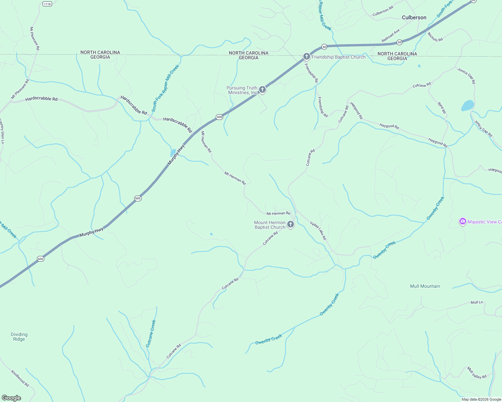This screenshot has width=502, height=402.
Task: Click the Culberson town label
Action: (x=414, y=17)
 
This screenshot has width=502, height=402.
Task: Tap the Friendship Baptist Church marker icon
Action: (x=306, y=57)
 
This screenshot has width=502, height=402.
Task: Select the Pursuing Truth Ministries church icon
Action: (x=262, y=89)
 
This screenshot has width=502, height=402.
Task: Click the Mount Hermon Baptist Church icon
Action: (x=291, y=224)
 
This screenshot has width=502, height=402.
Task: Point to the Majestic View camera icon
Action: (x=463, y=221)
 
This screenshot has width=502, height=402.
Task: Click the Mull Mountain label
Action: (x=425, y=286)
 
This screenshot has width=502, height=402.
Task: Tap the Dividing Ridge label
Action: (x=19, y=337)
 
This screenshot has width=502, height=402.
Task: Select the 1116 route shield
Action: (x=47, y=4)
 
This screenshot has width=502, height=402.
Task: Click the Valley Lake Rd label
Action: (x=318, y=230)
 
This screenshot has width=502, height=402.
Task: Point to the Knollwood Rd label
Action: (x=20, y=378)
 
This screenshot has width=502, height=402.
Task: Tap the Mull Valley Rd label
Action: (x=477, y=373)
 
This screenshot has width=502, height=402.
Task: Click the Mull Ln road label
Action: (x=476, y=302)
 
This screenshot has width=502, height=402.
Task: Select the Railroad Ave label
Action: (x=391, y=36)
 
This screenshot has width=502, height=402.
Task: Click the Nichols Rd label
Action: (x=435, y=37)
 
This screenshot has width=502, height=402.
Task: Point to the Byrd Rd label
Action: (x=442, y=108)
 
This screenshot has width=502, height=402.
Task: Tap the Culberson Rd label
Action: (x=383, y=11)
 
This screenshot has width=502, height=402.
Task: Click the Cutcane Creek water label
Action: (x=151, y=333)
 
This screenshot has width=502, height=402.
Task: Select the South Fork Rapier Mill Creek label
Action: (x=165, y=88)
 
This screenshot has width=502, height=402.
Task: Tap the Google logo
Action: (x=11, y=398)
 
